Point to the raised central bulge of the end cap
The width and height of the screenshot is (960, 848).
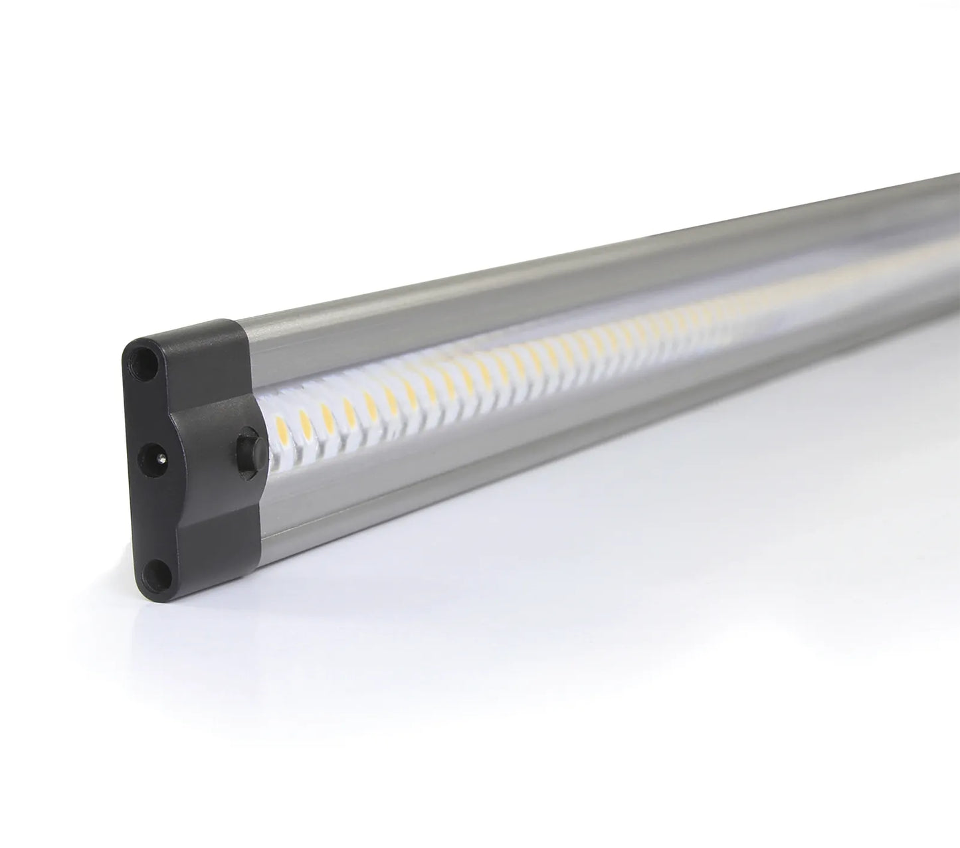click(199, 452)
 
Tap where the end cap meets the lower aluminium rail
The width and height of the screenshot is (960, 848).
click(256, 531)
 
